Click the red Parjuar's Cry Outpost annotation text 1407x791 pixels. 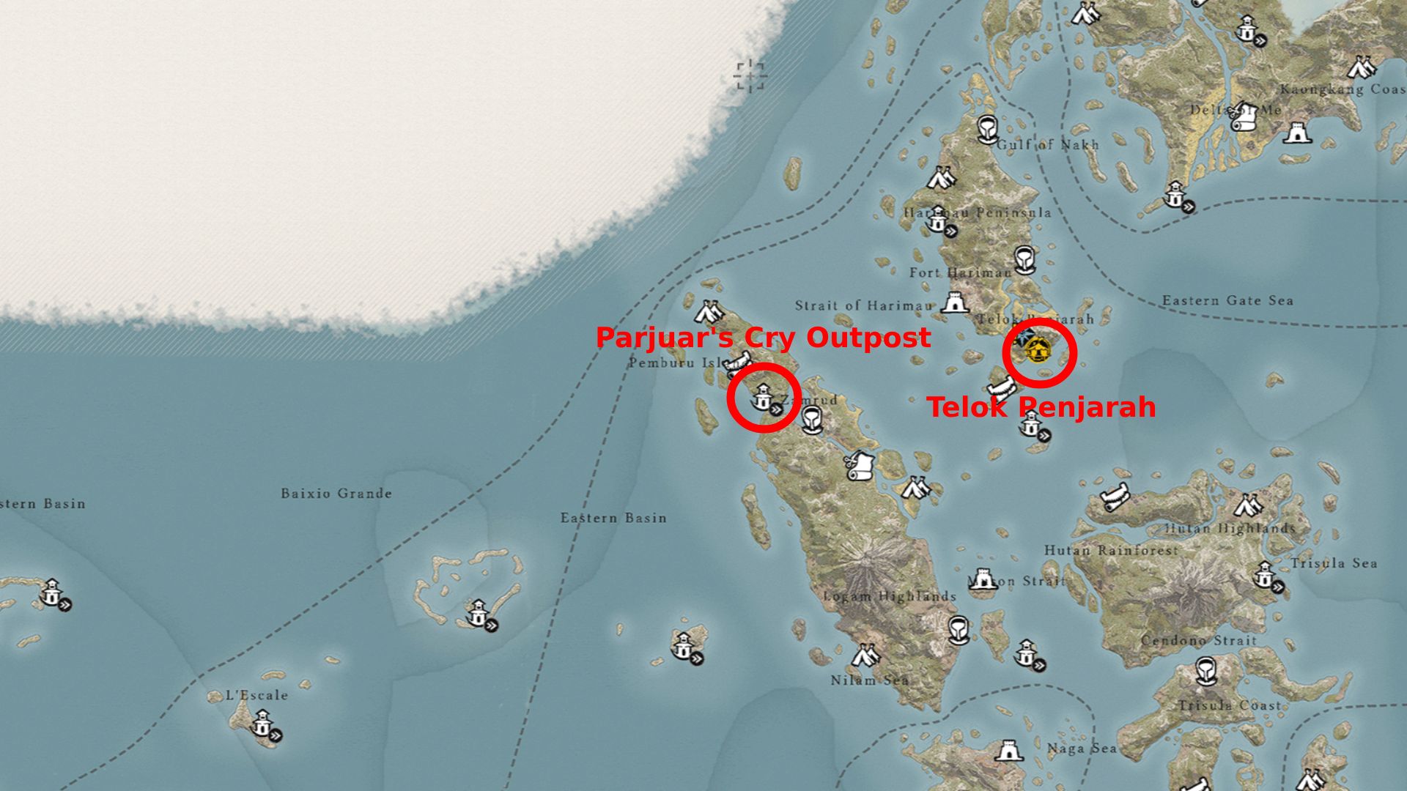click(x=763, y=338)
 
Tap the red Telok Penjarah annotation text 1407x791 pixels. click(x=1041, y=407)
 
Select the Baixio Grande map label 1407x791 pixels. click(x=336, y=494)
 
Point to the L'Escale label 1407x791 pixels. click(x=256, y=695)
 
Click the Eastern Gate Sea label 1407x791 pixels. click(x=1227, y=300)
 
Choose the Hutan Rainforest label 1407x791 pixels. click(x=1111, y=550)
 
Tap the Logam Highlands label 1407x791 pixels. click(x=890, y=596)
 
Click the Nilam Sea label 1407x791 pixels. click(x=870, y=680)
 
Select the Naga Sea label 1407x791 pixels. click(x=1082, y=748)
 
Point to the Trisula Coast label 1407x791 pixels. click(x=1229, y=705)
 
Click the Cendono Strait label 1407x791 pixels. click(x=1198, y=640)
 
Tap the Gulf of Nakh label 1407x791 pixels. click(x=1048, y=144)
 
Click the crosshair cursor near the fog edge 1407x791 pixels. click(x=750, y=76)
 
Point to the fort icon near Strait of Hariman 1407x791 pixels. click(x=954, y=302)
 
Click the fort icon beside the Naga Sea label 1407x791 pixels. click(x=1008, y=751)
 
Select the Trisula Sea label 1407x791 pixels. click(x=1334, y=563)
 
